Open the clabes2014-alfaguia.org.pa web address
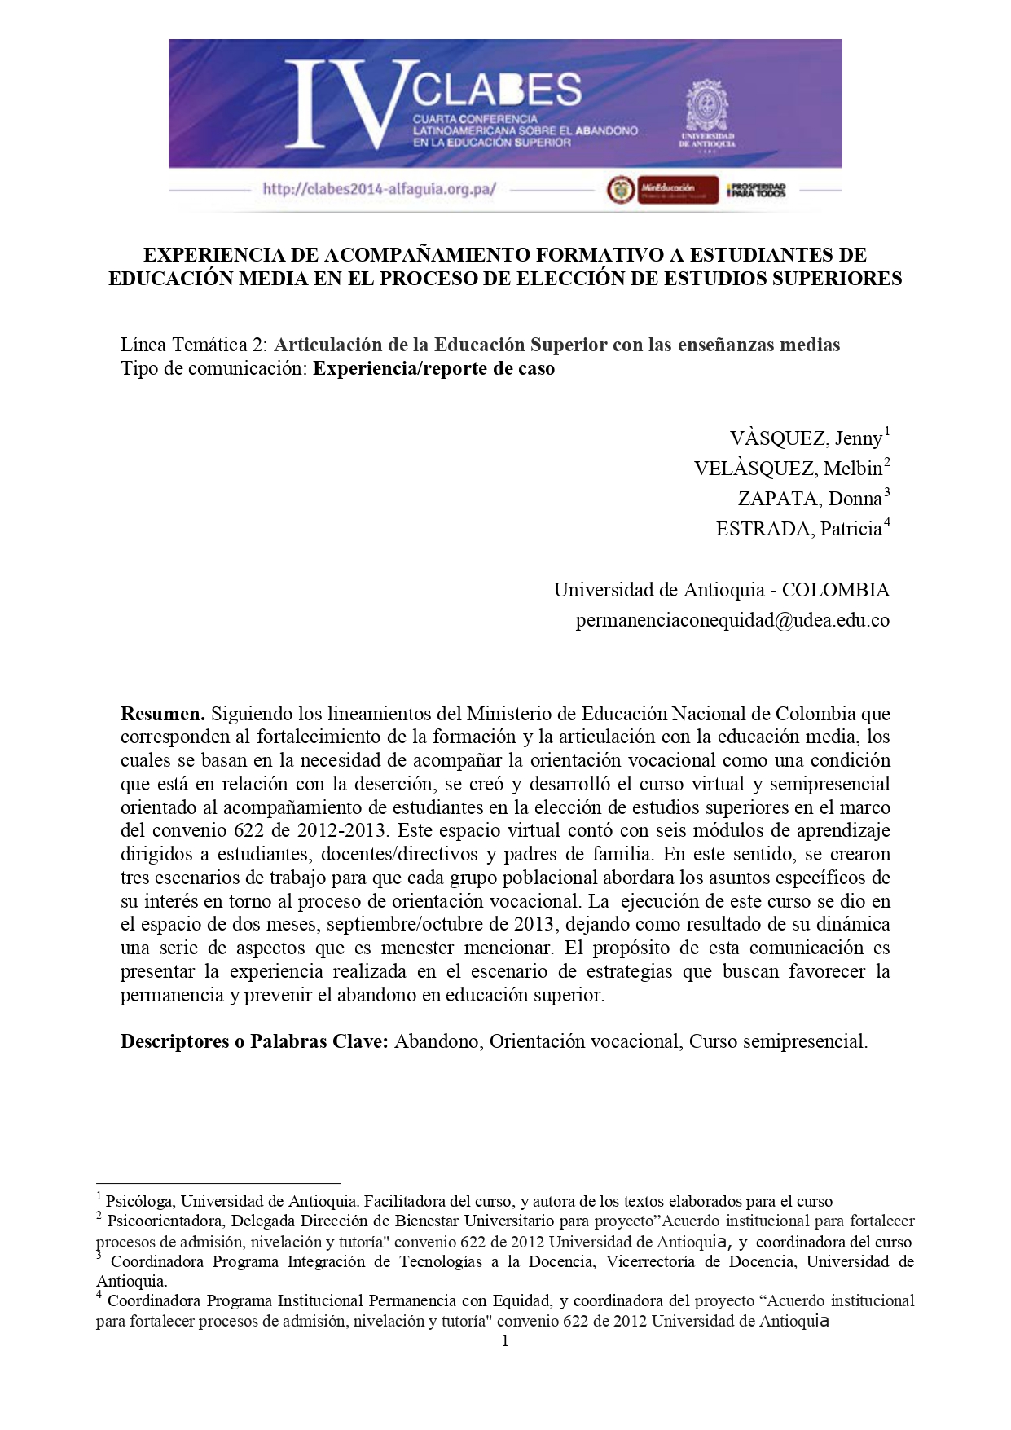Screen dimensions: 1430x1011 379,189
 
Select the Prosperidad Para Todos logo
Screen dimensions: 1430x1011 756,190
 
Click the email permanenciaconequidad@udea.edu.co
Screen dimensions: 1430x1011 732,620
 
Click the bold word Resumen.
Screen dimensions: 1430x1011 162,714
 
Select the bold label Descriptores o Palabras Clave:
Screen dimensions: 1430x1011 254,1041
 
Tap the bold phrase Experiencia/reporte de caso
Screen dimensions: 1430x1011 433,368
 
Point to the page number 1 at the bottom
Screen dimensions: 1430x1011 505,1341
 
